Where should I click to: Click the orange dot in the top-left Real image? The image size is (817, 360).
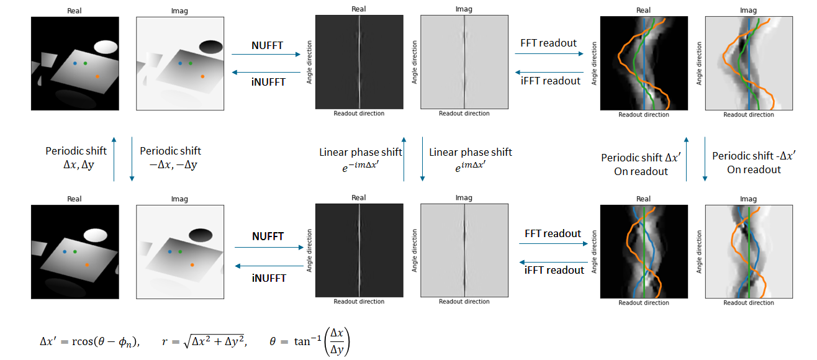[x=97, y=76]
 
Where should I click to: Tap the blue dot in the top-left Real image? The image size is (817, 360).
[x=75, y=63]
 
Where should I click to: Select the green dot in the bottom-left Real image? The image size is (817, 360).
[x=74, y=251]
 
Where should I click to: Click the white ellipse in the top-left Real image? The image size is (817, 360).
[x=105, y=47]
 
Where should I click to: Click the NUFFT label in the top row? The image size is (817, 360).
[x=268, y=45]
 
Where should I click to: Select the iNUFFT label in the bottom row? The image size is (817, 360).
[x=269, y=277]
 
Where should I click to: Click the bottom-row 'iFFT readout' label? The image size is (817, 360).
[x=554, y=270]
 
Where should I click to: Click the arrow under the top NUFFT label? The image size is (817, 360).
[x=266, y=55]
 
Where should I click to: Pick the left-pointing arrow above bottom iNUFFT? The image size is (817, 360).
[x=269, y=266]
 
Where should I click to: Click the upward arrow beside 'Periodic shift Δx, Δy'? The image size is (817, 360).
[x=114, y=160]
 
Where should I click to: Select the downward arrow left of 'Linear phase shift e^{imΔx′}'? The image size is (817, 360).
[x=422, y=160]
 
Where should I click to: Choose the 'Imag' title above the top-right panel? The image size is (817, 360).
[x=749, y=9]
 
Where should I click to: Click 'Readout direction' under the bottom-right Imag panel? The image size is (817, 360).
[x=749, y=303]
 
